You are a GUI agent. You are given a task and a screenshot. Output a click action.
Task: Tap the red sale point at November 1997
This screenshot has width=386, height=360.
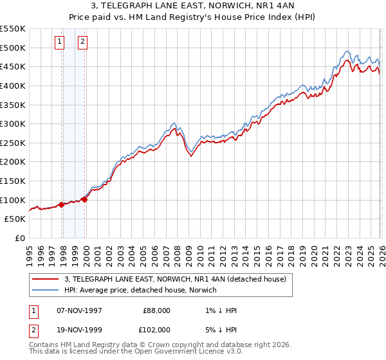coord(62,204)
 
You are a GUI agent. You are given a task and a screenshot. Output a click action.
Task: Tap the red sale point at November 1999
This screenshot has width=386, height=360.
coord(85,199)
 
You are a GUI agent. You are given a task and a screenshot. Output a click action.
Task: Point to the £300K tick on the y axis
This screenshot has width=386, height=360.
coord(13,123)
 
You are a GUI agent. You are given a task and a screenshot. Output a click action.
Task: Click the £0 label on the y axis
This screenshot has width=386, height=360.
coord(19,238)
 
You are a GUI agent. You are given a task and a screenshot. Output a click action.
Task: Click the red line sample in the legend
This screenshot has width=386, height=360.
coord(46,279)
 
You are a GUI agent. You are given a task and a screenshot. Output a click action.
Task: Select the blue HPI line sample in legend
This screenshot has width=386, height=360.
coord(46,290)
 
